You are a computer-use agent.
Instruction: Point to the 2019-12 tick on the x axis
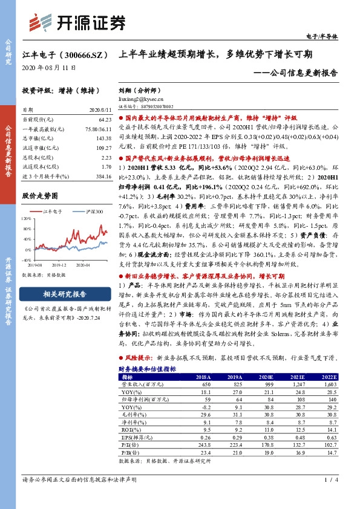click(59, 264)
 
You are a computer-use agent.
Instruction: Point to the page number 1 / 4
click(329, 497)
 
